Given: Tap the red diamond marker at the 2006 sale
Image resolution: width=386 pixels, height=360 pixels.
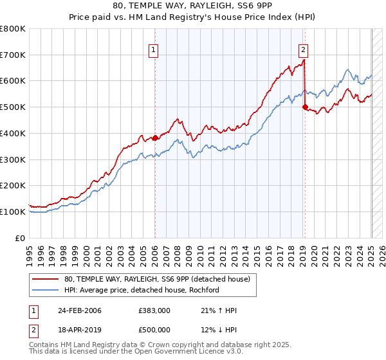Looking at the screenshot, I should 155,138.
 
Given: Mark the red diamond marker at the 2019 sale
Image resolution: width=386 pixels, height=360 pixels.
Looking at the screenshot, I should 305,107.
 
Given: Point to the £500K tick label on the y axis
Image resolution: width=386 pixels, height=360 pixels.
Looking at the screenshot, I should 13,107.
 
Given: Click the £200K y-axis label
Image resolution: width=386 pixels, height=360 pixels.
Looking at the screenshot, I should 13,186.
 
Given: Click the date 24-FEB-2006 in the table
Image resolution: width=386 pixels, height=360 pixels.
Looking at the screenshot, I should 80,310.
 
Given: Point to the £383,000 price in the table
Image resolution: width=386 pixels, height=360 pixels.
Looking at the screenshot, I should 154,310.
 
